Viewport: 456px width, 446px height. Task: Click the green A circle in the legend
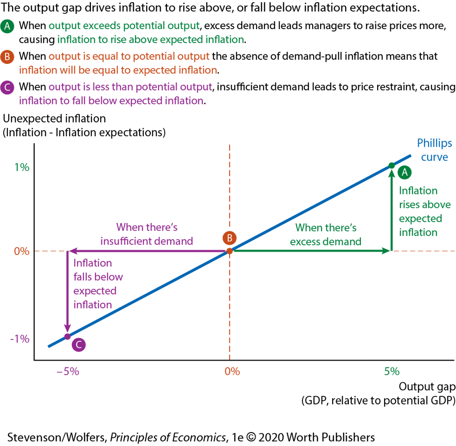(7, 26)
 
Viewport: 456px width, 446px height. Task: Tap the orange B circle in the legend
(7, 56)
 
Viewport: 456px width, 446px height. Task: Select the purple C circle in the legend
(7, 87)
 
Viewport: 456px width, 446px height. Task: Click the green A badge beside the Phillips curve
(404, 172)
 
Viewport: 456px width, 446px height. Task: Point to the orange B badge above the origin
(229, 238)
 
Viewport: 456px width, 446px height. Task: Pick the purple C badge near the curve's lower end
(78, 345)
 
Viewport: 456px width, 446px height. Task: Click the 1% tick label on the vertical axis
(22, 167)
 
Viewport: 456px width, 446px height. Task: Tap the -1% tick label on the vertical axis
(20, 339)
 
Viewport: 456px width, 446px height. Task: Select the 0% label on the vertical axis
(22, 251)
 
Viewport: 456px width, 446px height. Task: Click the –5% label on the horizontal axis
(67, 371)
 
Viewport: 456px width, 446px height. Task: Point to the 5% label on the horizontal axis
(392, 371)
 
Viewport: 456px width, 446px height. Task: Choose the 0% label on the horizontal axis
(232, 371)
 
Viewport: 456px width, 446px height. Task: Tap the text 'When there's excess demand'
(326, 235)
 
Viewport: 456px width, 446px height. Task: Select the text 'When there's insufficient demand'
(147, 234)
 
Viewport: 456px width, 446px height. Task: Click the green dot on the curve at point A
(391, 165)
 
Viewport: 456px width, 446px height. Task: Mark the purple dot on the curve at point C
(68, 336)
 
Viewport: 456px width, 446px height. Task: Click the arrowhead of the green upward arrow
(391, 172)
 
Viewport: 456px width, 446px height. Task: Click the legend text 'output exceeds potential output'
(124, 26)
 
